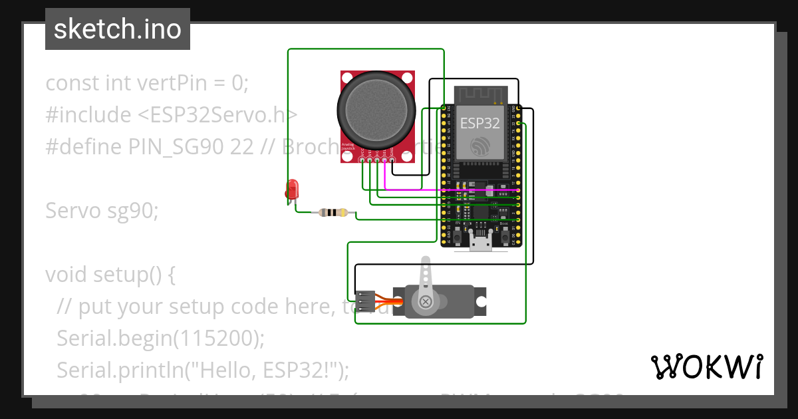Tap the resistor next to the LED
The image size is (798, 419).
click(x=332, y=213)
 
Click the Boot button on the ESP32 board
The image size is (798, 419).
click(x=504, y=236)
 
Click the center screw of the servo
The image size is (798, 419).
click(x=426, y=302)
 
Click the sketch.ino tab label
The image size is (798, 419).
click(x=118, y=29)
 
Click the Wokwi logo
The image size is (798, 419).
click(x=706, y=366)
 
